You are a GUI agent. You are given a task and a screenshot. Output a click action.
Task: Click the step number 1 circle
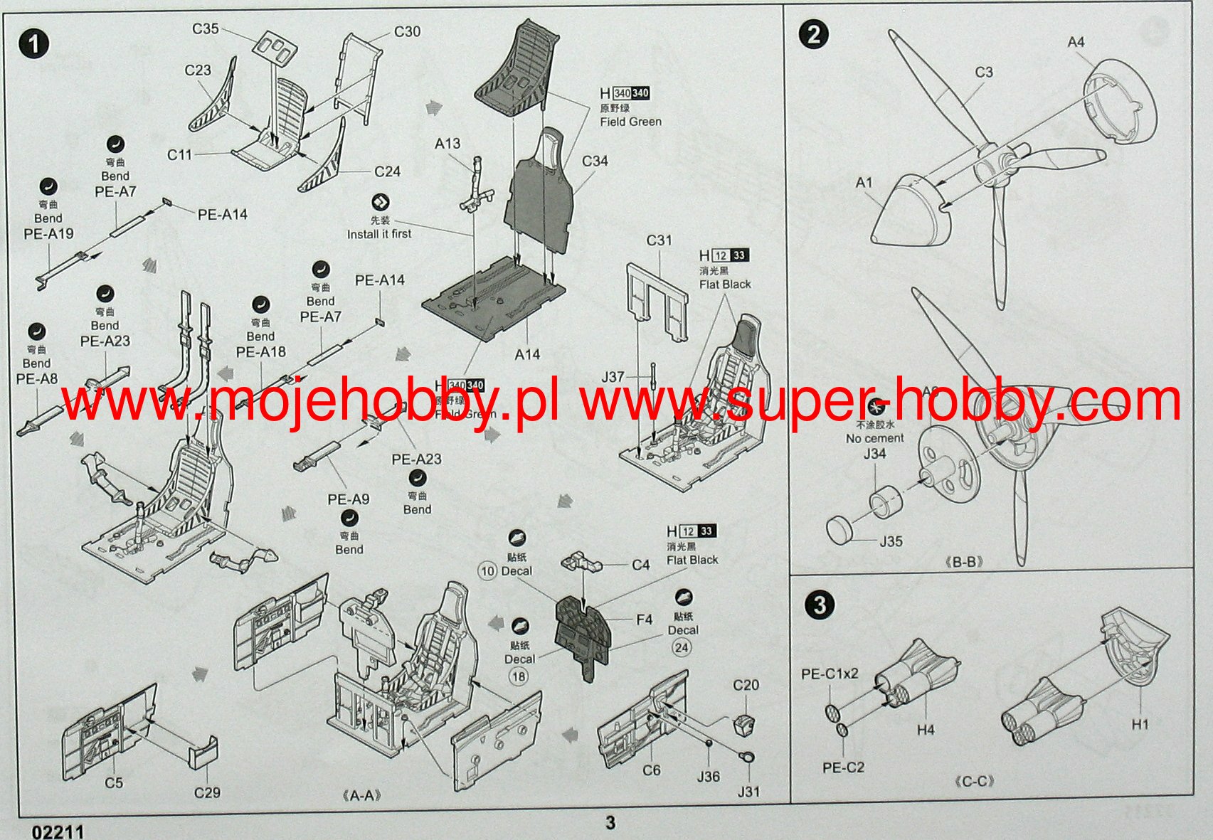[x=33, y=44]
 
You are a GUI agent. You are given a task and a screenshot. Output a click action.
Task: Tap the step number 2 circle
[x=814, y=33]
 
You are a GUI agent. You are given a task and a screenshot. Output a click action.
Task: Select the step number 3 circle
[x=820, y=605]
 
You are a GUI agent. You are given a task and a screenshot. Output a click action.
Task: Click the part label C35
[x=206, y=28]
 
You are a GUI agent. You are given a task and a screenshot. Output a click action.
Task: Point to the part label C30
[x=407, y=31]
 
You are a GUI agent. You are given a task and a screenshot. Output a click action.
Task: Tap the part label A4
[x=1076, y=42]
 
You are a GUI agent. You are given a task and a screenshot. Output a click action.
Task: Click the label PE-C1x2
[x=830, y=674]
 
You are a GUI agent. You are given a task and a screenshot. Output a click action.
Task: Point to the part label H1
[x=1140, y=724]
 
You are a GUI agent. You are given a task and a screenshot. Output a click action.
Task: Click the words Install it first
[x=378, y=234]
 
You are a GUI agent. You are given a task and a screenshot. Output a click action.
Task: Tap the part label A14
[x=527, y=354]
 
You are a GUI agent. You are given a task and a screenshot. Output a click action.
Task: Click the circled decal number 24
[x=682, y=647]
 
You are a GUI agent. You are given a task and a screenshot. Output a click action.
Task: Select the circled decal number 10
[x=487, y=571]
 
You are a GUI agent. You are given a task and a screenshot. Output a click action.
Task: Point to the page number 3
[x=610, y=823]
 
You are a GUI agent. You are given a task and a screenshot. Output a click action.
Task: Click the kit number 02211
[x=58, y=831]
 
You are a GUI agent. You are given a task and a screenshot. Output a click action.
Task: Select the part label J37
[x=613, y=377]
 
